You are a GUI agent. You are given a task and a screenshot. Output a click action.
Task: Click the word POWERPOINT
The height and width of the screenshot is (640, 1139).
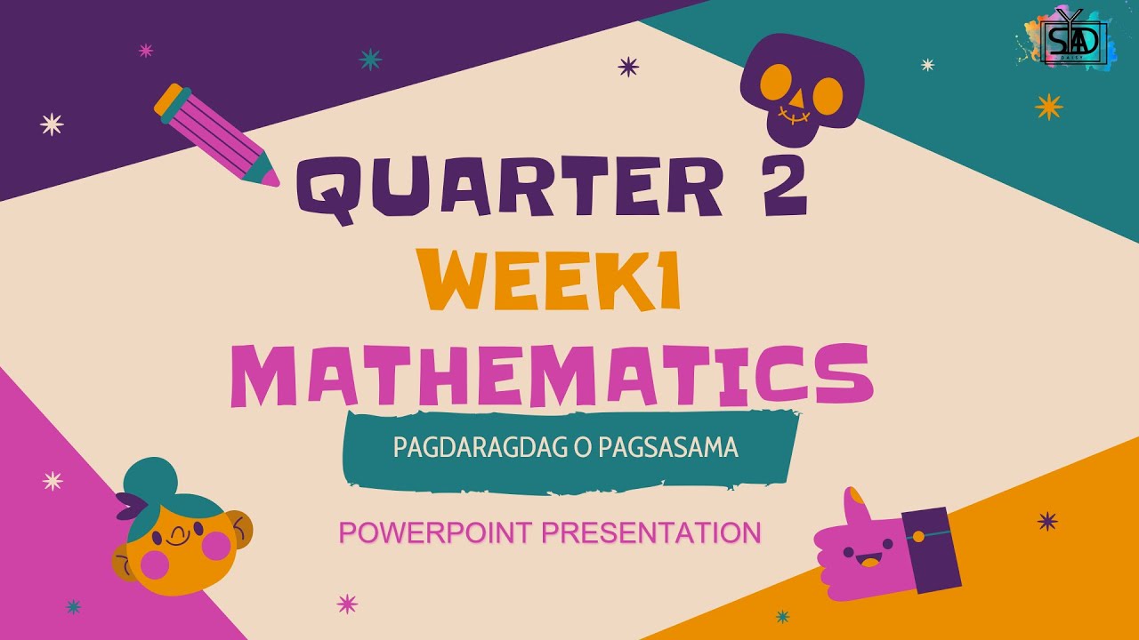pos(435,532)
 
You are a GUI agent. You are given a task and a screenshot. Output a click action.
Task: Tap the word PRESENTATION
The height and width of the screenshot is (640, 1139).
pos(651,532)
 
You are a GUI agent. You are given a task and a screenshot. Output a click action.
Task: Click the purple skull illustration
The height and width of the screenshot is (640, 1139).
pos(801,89)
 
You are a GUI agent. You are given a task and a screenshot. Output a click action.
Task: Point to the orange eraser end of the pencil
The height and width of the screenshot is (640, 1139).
pos(171,99)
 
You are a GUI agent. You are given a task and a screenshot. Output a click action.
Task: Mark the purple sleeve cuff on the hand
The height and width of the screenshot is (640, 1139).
pos(930,548)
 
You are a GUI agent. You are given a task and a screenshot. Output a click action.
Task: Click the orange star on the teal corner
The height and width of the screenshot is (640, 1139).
pos(1049,106)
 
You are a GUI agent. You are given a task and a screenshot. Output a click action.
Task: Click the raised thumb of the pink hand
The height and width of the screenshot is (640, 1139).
pos(856,507)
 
